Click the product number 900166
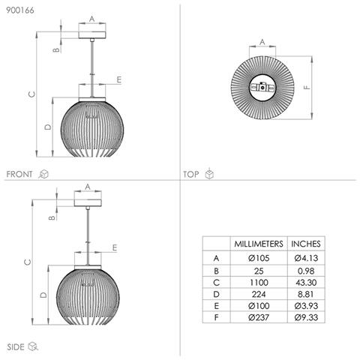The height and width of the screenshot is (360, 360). [20, 10]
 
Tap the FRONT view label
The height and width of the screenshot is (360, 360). [19, 174]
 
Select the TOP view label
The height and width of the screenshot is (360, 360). [191, 174]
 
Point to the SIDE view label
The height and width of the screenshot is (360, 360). [16, 346]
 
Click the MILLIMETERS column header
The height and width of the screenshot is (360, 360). [259, 244]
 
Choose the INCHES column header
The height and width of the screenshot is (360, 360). [306, 244]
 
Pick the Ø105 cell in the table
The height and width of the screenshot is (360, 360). [259, 258]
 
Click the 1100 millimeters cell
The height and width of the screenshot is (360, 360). [259, 283]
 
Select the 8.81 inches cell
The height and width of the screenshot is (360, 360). [305, 294]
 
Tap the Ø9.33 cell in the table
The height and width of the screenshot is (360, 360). [306, 317]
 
